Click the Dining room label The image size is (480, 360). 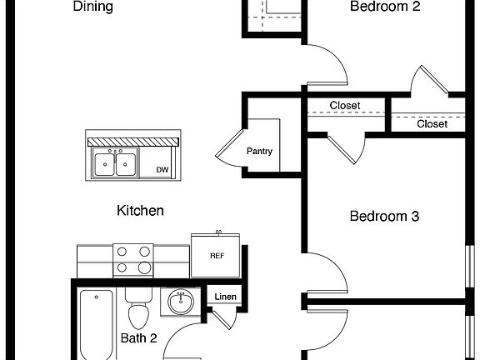(93, 7)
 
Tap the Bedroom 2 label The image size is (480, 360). (384, 7)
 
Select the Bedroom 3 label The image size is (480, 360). (384, 216)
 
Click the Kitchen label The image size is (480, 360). (140, 211)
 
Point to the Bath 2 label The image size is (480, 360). (139, 338)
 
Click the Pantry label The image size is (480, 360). (259, 152)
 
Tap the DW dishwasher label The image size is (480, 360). (162, 170)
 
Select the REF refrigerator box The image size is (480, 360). (217, 256)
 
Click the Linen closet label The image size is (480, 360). (225, 297)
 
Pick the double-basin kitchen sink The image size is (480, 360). (116, 163)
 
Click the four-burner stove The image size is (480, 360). (132, 259)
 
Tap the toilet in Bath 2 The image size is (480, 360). (138, 310)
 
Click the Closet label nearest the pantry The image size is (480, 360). (344, 106)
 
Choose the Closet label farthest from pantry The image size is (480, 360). (432, 124)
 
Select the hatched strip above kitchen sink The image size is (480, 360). (132, 142)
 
